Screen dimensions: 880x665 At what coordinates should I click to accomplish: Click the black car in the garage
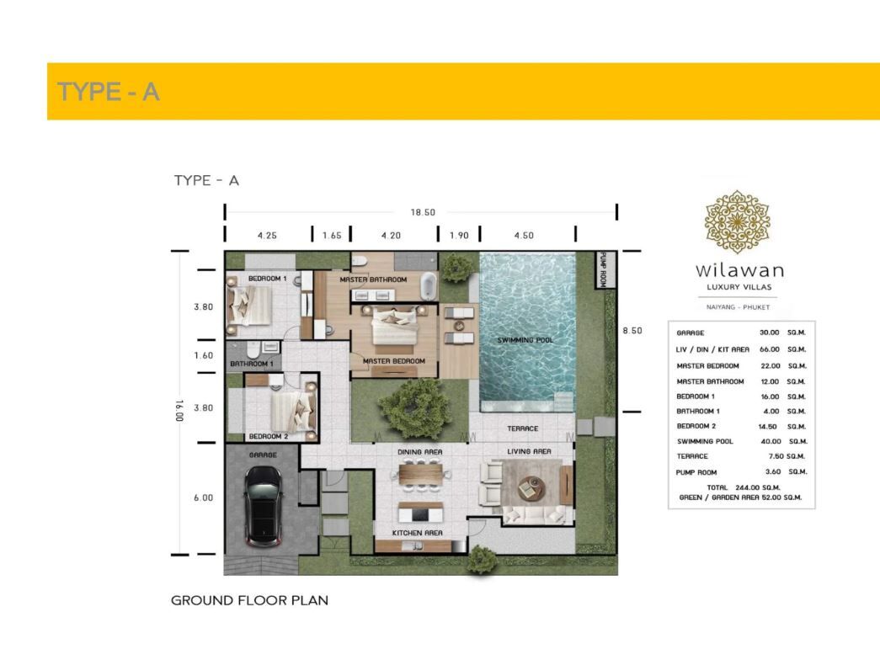point(263,507)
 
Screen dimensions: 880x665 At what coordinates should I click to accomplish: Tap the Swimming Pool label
point(525,340)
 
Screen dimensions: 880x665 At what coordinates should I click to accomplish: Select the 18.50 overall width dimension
point(423,212)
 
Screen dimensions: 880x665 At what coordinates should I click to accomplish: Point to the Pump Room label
point(603,270)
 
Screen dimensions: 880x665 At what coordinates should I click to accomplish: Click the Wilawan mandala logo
point(738,221)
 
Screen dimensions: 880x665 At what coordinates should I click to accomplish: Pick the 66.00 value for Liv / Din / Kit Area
point(770,349)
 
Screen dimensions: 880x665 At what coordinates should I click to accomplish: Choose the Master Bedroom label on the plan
point(393,361)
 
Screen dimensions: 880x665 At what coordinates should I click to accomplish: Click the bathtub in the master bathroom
point(429,285)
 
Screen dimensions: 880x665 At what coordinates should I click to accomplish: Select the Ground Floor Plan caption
point(250,600)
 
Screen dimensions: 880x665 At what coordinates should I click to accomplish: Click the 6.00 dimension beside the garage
point(203,497)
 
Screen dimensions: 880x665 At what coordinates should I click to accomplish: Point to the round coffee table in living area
point(531,487)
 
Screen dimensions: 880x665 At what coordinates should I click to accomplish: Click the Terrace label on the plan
point(522,428)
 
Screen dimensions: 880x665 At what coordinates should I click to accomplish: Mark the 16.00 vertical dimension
point(179,411)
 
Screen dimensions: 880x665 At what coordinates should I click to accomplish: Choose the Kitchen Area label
point(417,533)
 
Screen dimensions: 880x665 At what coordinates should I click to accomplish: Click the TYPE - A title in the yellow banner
point(109,92)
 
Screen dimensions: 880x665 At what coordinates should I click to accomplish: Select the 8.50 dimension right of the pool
point(632,331)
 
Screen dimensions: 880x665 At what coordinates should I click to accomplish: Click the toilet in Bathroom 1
point(253,351)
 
